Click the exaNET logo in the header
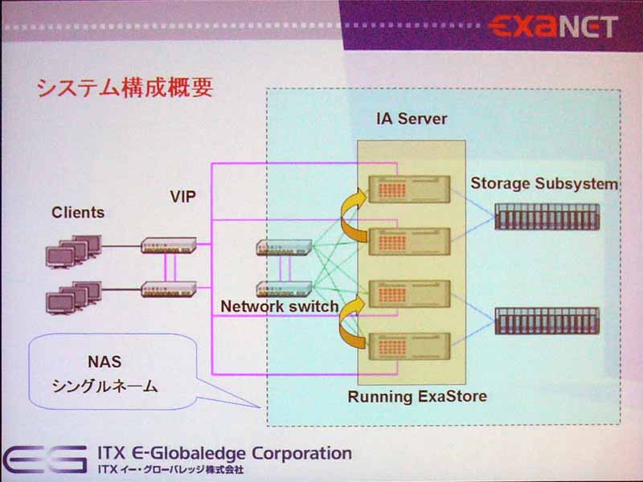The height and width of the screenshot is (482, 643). click(x=553, y=27)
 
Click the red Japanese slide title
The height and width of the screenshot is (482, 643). click(x=125, y=88)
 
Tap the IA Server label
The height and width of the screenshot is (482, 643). click(x=412, y=119)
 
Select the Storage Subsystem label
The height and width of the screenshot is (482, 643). click(x=544, y=184)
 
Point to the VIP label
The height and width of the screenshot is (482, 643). click(x=183, y=197)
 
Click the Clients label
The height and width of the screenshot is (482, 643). click(x=78, y=212)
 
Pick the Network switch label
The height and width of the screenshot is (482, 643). click(x=280, y=306)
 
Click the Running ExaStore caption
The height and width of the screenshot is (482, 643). click(x=417, y=396)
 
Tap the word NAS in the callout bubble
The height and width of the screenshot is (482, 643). click(x=104, y=362)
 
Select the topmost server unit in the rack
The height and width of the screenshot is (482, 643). click(x=409, y=190)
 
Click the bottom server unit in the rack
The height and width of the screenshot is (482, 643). click(x=409, y=346)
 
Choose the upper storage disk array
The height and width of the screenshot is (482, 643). click(x=547, y=217)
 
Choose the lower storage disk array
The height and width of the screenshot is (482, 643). click(x=547, y=321)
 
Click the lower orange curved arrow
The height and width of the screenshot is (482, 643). click(x=346, y=322)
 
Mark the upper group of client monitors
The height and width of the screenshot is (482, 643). click(x=73, y=251)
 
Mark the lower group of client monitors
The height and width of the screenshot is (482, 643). click(x=73, y=297)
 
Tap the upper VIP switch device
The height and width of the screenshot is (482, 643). click(x=169, y=245)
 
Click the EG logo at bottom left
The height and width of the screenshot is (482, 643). click(x=45, y=459)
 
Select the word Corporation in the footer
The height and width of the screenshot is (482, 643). click(x=301, y=453)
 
